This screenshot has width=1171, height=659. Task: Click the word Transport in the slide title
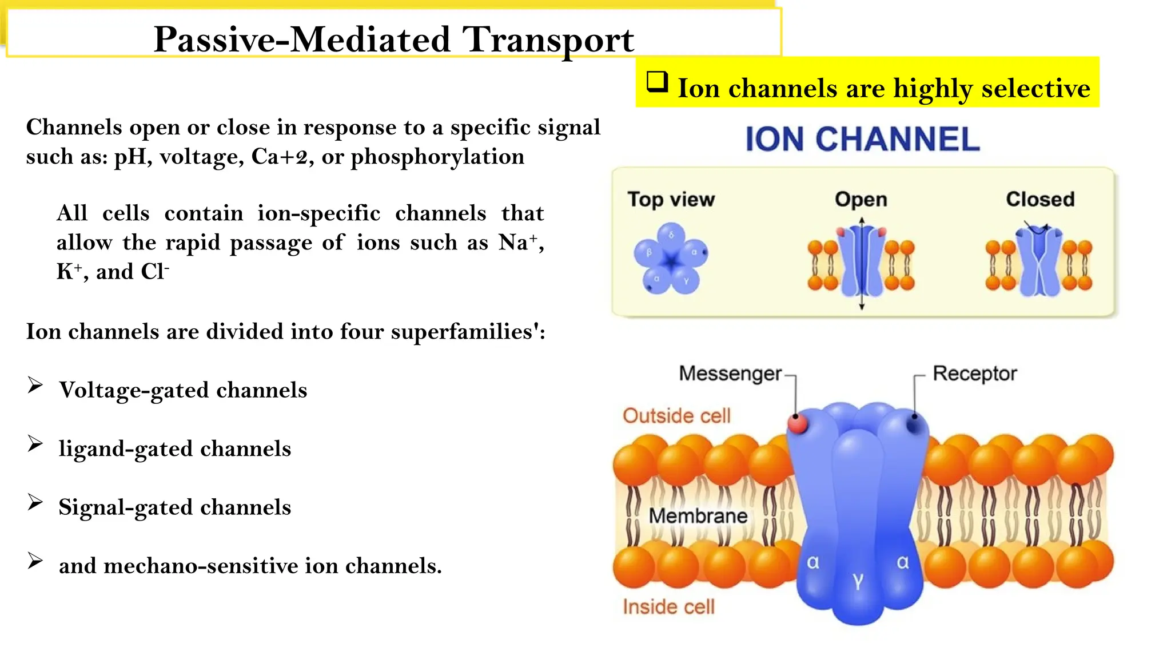click(x=548, y=40)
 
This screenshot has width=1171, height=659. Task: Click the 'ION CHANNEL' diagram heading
click(x=862, y=140)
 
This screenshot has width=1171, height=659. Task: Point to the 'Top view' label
click(x=671, y=200)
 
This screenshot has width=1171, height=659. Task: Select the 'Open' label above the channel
click(x=861, y=200)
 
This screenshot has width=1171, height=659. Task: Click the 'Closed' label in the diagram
click(x=1040, y=200)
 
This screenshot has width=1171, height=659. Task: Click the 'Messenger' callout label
click(x=730, y=374)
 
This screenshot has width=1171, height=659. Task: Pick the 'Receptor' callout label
click(x=974, y=374)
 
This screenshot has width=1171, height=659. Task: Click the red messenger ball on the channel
click(x=797, y=423)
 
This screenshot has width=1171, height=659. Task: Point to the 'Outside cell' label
click(x=676, y=416)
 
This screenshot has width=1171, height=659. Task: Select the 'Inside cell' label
click(x=668, y=607)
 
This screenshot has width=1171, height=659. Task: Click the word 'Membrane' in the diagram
click(x=698, y=516)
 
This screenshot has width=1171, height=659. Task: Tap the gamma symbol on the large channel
click(x=858, y=581)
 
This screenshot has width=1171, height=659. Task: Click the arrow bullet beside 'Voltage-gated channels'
click(x=35, y=386)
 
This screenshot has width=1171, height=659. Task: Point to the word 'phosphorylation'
click(x=437, y=157)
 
